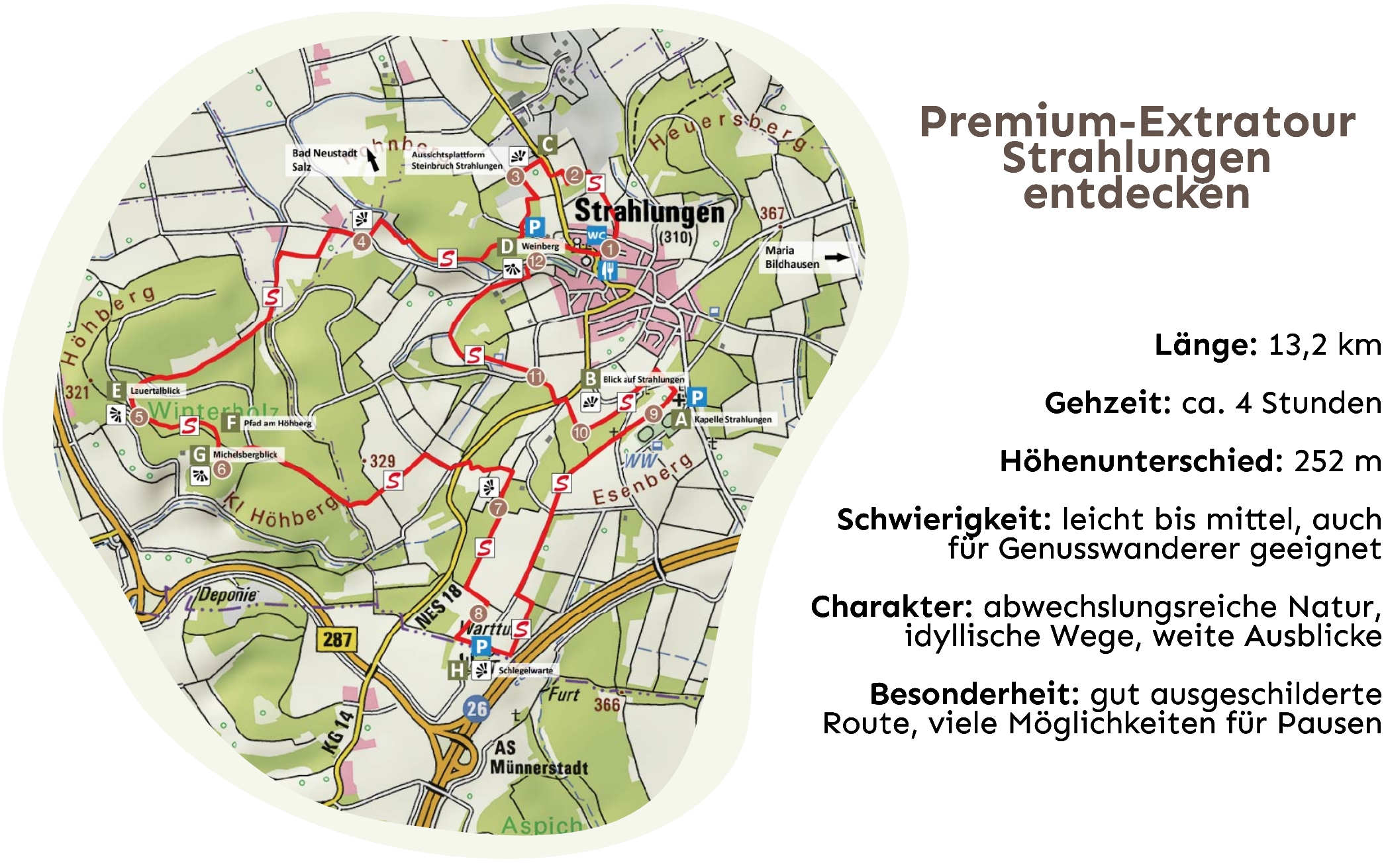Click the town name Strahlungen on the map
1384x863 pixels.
pos(649,212)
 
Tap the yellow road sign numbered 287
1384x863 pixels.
pos(337,639)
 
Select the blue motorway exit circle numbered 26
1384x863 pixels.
pos(477,709)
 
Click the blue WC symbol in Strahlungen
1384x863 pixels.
pos(596,235)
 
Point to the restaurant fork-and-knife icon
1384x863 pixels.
pos(608,269)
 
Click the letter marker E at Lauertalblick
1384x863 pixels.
pos(117,390)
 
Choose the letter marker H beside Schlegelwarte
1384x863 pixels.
pos(457,670)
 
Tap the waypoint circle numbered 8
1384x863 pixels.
pos(477,613)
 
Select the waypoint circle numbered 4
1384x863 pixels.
pos(362,242)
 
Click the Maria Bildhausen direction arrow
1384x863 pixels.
pos(836,257)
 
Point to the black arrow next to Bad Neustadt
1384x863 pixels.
pos(373,159)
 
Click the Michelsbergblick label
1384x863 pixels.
pos(245,455)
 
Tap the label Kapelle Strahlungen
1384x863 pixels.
pos(732,420)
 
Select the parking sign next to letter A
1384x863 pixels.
pos(697,397)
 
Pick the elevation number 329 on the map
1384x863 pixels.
pos(382,461)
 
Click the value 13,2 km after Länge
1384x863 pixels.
pos(1324,345)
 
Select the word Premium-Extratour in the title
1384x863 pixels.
pos(1137,122)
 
